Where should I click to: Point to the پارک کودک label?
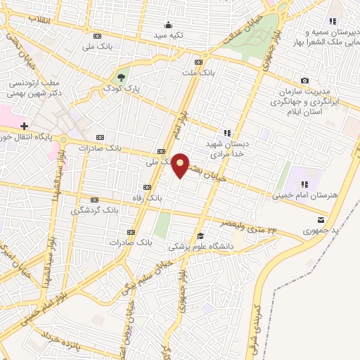(x=117, y=89)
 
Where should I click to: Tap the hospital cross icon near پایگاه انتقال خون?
(x=24, y=125)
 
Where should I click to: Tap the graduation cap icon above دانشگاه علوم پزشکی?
(x=201, y=236)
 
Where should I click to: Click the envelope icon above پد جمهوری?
(x=321, y=219)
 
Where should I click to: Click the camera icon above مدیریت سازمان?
(x=304, y=81)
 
